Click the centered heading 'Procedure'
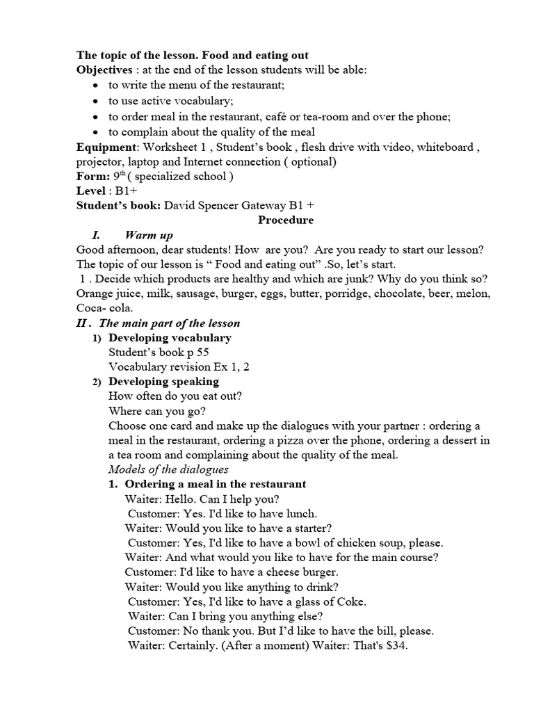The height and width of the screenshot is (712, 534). pos(286,220)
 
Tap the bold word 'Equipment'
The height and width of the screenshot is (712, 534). pos(105,147)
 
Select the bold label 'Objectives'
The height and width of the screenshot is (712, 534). pos(104,70)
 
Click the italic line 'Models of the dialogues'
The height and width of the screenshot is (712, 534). pos(168,469)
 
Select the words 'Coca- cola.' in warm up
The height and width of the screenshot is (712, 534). pos(104,308)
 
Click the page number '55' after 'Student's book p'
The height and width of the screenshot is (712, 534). pos(202,353)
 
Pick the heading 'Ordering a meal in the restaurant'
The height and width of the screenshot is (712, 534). pos(215,484)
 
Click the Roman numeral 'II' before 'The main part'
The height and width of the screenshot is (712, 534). pos(81,323)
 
